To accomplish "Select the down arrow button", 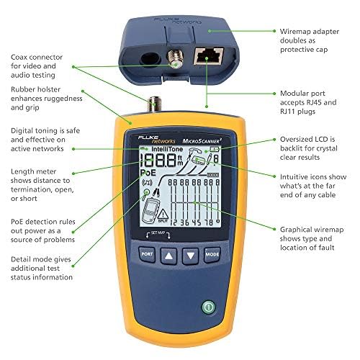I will coord(190,254).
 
